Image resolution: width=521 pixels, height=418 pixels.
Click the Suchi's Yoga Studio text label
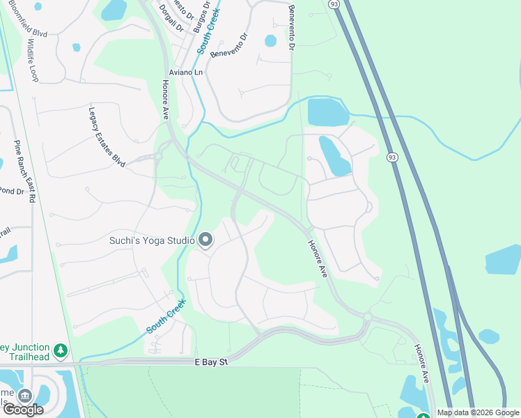[152, 241]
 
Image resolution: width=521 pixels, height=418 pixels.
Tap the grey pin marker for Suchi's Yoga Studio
[205, 241]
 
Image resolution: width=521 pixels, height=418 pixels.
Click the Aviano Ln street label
[185, 72]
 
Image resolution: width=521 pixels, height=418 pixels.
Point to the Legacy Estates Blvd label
[106, 136]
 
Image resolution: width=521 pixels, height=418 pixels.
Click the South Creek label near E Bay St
[166, 316]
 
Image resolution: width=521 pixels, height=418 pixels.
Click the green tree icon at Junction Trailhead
[61, 349]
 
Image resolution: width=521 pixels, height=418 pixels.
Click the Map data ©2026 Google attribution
[478, 412]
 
